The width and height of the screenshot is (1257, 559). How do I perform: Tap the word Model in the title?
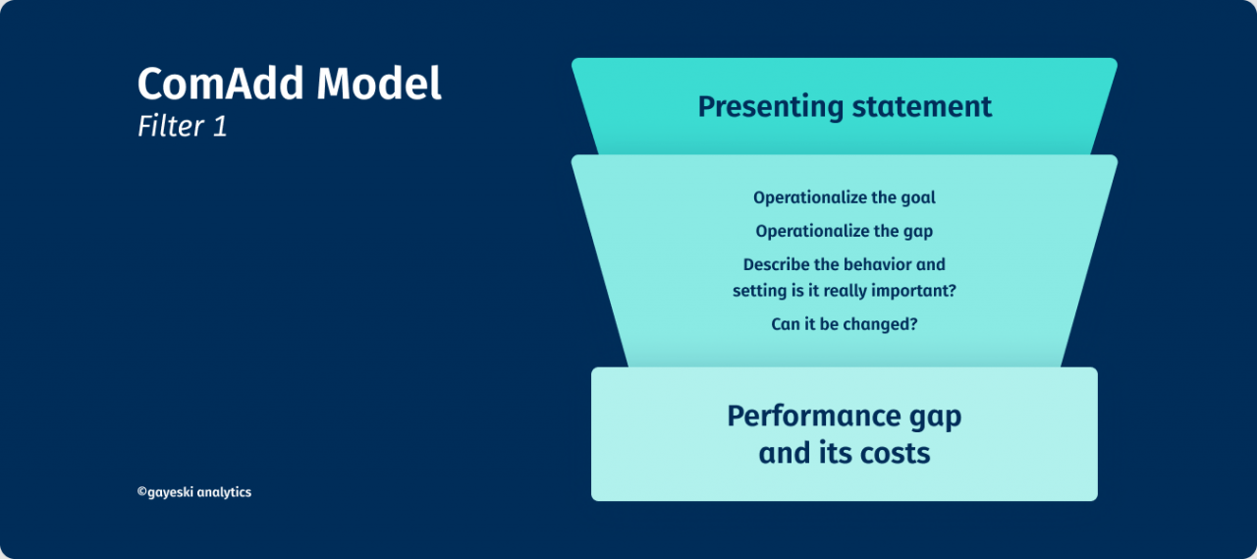(x=379, y=84)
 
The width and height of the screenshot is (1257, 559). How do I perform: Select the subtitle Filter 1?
(x=183, y=128)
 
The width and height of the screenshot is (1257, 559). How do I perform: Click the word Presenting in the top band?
(x=768, y=106)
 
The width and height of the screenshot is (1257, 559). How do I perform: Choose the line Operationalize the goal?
(x=845, y=197)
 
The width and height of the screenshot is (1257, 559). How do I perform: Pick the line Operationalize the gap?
(x=845, y=232)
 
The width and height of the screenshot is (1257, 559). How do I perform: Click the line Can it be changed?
(x=845, y=323)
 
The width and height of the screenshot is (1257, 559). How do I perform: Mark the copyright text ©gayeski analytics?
(x=194, y=492)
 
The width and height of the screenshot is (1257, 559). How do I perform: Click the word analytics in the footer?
(x=224, y=492)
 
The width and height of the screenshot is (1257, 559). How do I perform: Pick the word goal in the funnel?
(x=918, y=198)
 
